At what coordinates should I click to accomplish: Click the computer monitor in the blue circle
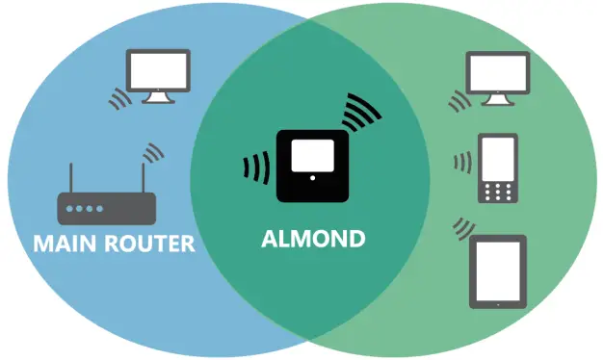click(158, 73)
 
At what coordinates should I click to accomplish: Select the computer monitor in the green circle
click(497, 76)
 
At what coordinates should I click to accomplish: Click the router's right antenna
click(142, 178)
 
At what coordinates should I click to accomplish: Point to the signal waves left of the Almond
click(257, 167)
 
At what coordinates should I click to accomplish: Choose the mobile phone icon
click(499, 168)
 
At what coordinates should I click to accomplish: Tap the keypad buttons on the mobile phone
click(499, 191)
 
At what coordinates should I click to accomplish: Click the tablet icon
click(497, 271)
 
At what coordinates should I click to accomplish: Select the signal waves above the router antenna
click(151, 152)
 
